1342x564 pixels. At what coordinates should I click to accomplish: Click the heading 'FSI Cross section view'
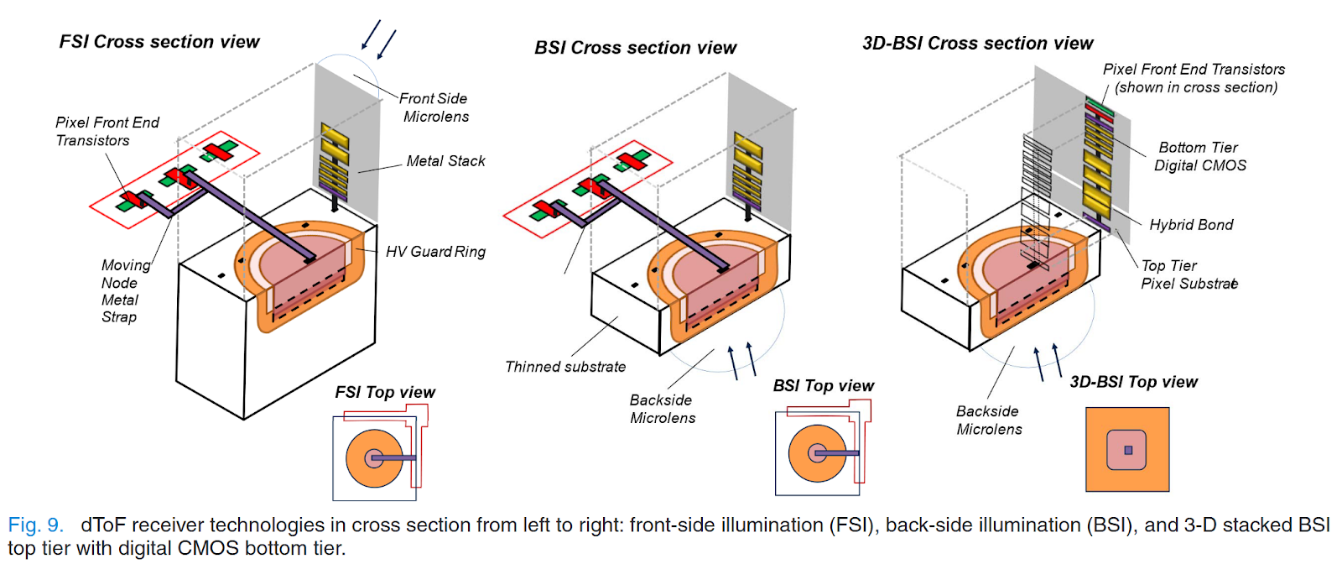159,42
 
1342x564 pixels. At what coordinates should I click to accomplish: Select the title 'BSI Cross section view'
636,48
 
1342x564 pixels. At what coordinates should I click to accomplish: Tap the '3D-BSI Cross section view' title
978,44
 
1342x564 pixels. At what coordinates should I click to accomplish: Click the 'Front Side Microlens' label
434,107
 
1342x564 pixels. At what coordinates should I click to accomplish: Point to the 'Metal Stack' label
445,161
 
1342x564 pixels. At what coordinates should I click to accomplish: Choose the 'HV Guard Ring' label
435,252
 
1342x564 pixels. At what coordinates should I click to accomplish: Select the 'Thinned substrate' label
565,367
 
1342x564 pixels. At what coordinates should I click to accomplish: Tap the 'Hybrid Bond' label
1191,225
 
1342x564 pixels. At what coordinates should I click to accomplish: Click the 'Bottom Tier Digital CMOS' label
1199,157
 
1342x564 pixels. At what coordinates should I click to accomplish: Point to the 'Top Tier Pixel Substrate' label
1189,274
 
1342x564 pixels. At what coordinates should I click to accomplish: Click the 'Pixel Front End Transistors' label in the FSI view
107,132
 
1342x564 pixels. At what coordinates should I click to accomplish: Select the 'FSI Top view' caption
385,393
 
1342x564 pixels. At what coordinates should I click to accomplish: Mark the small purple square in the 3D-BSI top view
1128,451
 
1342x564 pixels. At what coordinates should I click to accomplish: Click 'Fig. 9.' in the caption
36,525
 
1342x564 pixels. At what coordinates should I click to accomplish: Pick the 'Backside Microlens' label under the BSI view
663,410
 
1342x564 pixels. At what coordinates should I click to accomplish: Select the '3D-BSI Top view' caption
1133,383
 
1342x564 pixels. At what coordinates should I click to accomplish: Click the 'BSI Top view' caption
823,386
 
